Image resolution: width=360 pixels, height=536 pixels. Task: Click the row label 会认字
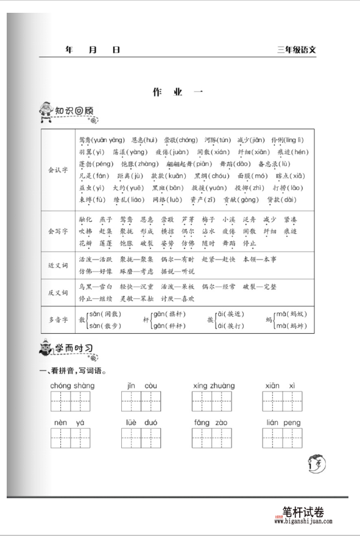point(58,169)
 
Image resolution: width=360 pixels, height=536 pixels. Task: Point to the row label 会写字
point(58,231)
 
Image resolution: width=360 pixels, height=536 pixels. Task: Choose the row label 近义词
point(58,266)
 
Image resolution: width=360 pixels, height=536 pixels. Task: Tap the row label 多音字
point(58,319)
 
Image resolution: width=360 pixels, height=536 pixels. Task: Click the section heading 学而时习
point(74,348)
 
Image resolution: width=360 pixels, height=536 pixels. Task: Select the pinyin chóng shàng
point(72,386)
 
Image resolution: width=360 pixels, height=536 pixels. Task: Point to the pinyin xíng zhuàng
point(213,386)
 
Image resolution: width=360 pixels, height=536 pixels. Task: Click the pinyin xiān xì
point(280,386)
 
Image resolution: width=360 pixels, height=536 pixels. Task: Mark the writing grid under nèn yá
point(70,438)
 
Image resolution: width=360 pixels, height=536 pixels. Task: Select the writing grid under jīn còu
point(141,401)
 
